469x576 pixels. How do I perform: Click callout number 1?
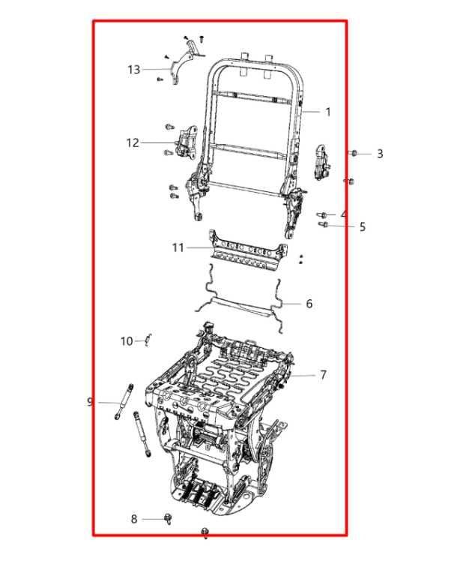(x=327, y=112)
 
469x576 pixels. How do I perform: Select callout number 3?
(x=380, y=154)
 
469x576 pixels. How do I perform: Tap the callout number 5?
(x=363, y=226)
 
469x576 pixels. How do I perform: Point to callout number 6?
(x=309, y=304)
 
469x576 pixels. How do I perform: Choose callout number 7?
(x=323, y=375)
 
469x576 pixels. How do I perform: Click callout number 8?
(x=134, y=519)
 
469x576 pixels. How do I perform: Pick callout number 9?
(x=90, y=402)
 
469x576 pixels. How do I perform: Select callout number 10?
(x=127, y=341)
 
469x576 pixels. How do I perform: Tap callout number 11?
(x=178, y=247)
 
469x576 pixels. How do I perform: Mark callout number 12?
(x=133, y=142)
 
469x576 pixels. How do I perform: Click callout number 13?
(x=133, y=70)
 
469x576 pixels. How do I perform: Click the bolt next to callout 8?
(x=168, y=518)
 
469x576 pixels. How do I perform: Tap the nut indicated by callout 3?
(x=354, y=153)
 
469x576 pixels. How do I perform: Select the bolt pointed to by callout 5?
(x=324, y=224)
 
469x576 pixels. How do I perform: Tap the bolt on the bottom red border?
(x=205, y=533)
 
